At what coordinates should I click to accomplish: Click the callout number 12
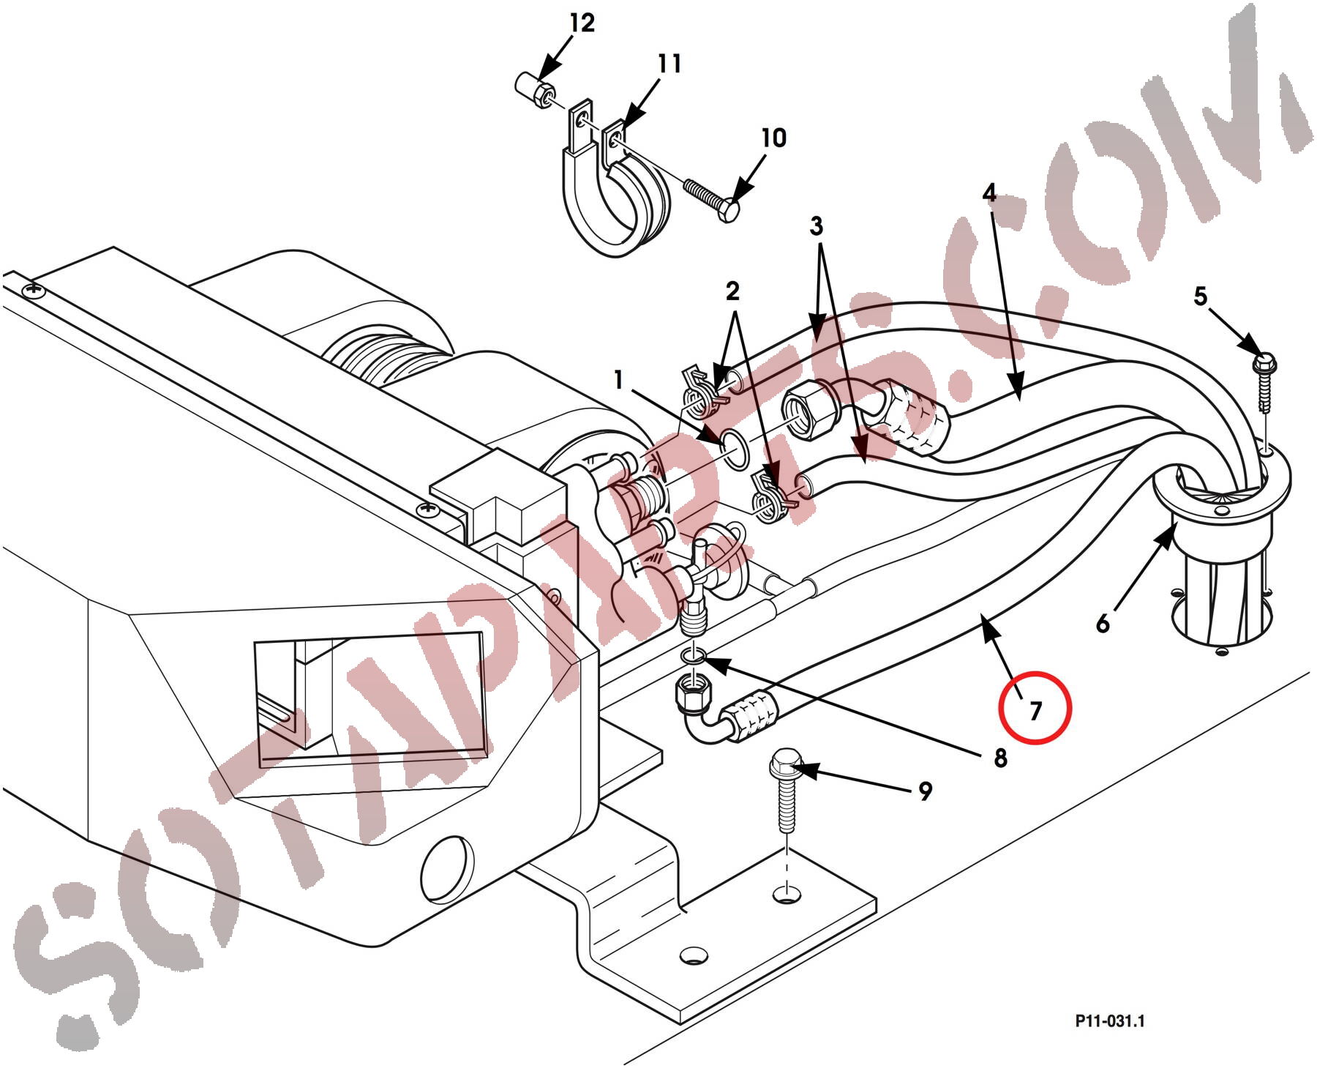point(582,23)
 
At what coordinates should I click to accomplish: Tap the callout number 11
point(669,64)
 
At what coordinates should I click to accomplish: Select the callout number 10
point(773,138)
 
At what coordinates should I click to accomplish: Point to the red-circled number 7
point(1035,711)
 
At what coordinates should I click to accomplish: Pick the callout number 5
point(1200,296)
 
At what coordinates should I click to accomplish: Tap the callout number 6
point(1103,624)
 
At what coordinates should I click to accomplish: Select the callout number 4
point(989,193)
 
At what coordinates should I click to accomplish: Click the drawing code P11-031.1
point(1109,1021)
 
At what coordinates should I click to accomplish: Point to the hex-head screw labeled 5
point(1264,362)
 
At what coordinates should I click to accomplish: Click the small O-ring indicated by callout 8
point(693,654)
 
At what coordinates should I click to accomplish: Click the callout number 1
point(619,380)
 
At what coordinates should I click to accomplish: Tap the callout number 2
point(732,291)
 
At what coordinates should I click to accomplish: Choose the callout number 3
point(817,226)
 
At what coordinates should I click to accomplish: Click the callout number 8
point(1000,758)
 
